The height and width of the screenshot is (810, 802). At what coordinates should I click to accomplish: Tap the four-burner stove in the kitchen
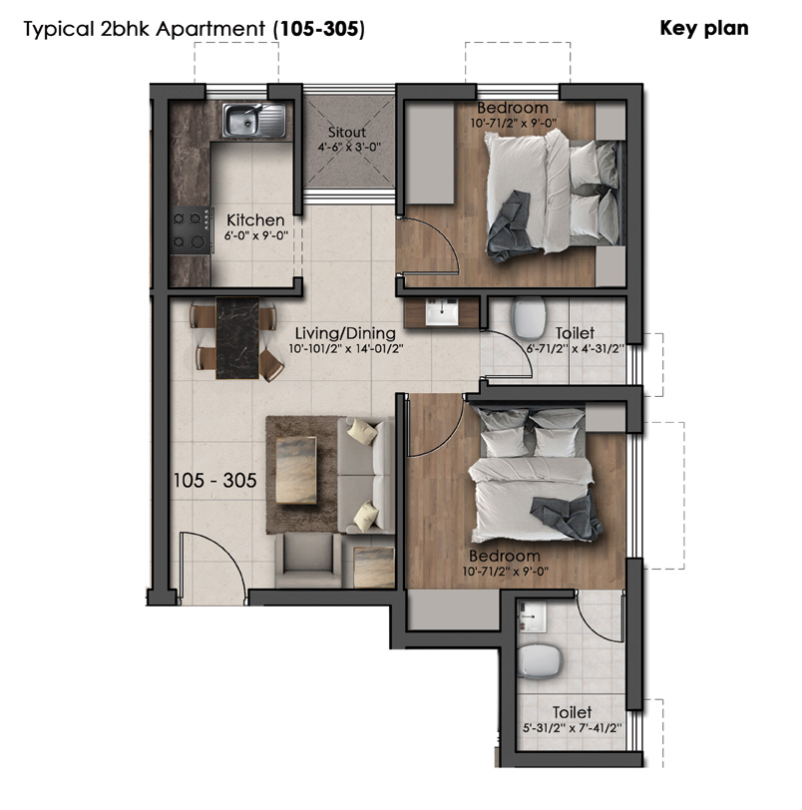point(191,229)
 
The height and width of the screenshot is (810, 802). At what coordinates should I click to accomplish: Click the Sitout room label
point(347,133)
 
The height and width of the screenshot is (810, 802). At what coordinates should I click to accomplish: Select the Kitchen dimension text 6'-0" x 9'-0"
point(255,235)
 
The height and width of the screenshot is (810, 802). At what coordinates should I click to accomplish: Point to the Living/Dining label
point(345,333)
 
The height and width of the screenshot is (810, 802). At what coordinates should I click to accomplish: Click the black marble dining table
point(237,338)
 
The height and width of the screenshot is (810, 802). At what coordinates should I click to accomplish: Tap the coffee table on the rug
point(296,470)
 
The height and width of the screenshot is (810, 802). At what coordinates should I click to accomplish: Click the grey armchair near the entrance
point(308,561)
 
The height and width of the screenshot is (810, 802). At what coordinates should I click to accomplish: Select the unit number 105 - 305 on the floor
point(214,481)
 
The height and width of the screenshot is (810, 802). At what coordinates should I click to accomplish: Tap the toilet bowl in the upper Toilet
point(529,317)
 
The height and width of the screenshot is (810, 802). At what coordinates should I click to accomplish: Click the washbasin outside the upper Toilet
point(442,312)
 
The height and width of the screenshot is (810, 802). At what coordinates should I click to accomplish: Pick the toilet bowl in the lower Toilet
point(540,661)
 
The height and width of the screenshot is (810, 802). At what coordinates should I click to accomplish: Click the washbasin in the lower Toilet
point(533,616)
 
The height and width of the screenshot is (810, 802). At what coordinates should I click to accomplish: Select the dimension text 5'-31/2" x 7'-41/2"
point(573,728)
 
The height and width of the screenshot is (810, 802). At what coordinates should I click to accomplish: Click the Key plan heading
point(704,28)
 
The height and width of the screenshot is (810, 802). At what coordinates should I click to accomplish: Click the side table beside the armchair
point(373,568)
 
